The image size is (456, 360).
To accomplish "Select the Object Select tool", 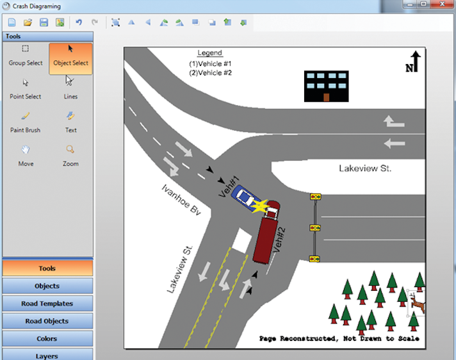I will tap(70, 56).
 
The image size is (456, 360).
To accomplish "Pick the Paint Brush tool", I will tap(26, 122).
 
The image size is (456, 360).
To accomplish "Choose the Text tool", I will tap(70, 122).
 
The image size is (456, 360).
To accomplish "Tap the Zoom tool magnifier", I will tap(70, 154).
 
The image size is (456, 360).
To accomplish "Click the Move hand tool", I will tap(26, 154).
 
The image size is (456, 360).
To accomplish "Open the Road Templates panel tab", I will tap(48, 304).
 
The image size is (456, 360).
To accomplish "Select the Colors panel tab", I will tap(48, 338).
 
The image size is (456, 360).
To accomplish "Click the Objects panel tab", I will tap(48, 286).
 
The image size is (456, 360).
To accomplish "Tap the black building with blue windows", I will tap(326, 86).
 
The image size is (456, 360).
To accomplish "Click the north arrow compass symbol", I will tap(413, 62).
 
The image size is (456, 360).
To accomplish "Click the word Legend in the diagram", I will tap(209, 53).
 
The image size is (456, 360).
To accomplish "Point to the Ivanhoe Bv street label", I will tap(181, 200).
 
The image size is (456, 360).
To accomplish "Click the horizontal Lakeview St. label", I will tap(365, 168).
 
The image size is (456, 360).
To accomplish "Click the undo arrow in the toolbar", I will tap(79, 22).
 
